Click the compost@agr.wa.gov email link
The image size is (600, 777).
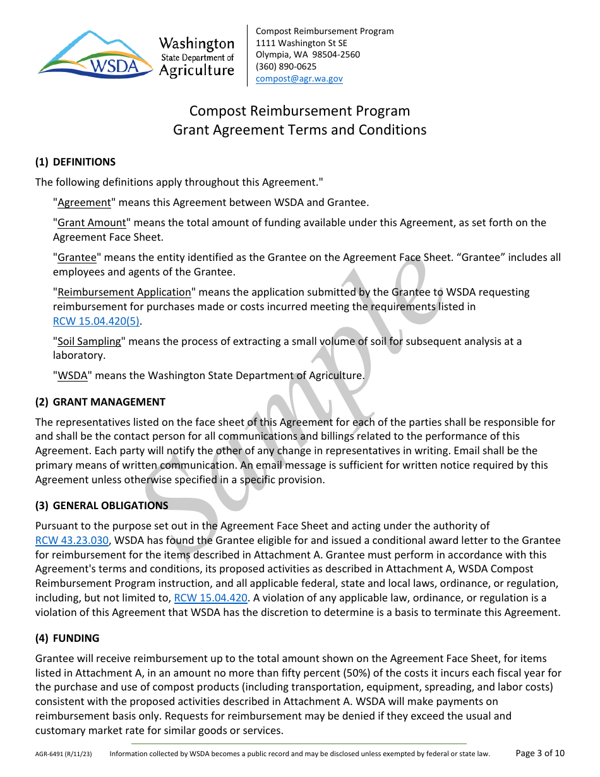(x=299, y=78)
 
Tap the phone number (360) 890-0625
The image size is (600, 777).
(x=286, y=66)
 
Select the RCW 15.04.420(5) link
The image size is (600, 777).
(x=97, y=321)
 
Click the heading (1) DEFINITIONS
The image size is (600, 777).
(x=75, y=162)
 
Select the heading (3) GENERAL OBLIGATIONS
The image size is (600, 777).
(x=102, y=505)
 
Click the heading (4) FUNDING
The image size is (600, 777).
(x=67, y=638)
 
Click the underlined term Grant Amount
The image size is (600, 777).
(x=92, y=222)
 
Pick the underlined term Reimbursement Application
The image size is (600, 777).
(x=124, y=292)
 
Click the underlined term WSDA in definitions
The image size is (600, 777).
(x=73, y=375)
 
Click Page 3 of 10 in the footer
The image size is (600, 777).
(x=540, y=753)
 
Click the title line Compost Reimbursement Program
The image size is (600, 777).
(x=299, y=111)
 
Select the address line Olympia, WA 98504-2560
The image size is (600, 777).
(x=308, y=54)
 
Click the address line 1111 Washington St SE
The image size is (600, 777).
(x=301, y=43)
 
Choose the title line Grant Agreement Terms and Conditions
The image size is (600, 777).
(x=299, y=130)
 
